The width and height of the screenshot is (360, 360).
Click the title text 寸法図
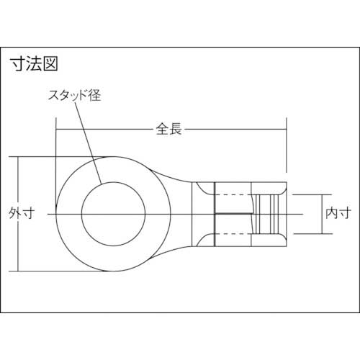click(33, 63)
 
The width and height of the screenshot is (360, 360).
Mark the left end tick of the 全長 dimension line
click(57, 130)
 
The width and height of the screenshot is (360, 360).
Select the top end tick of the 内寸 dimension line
click(321, 194)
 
